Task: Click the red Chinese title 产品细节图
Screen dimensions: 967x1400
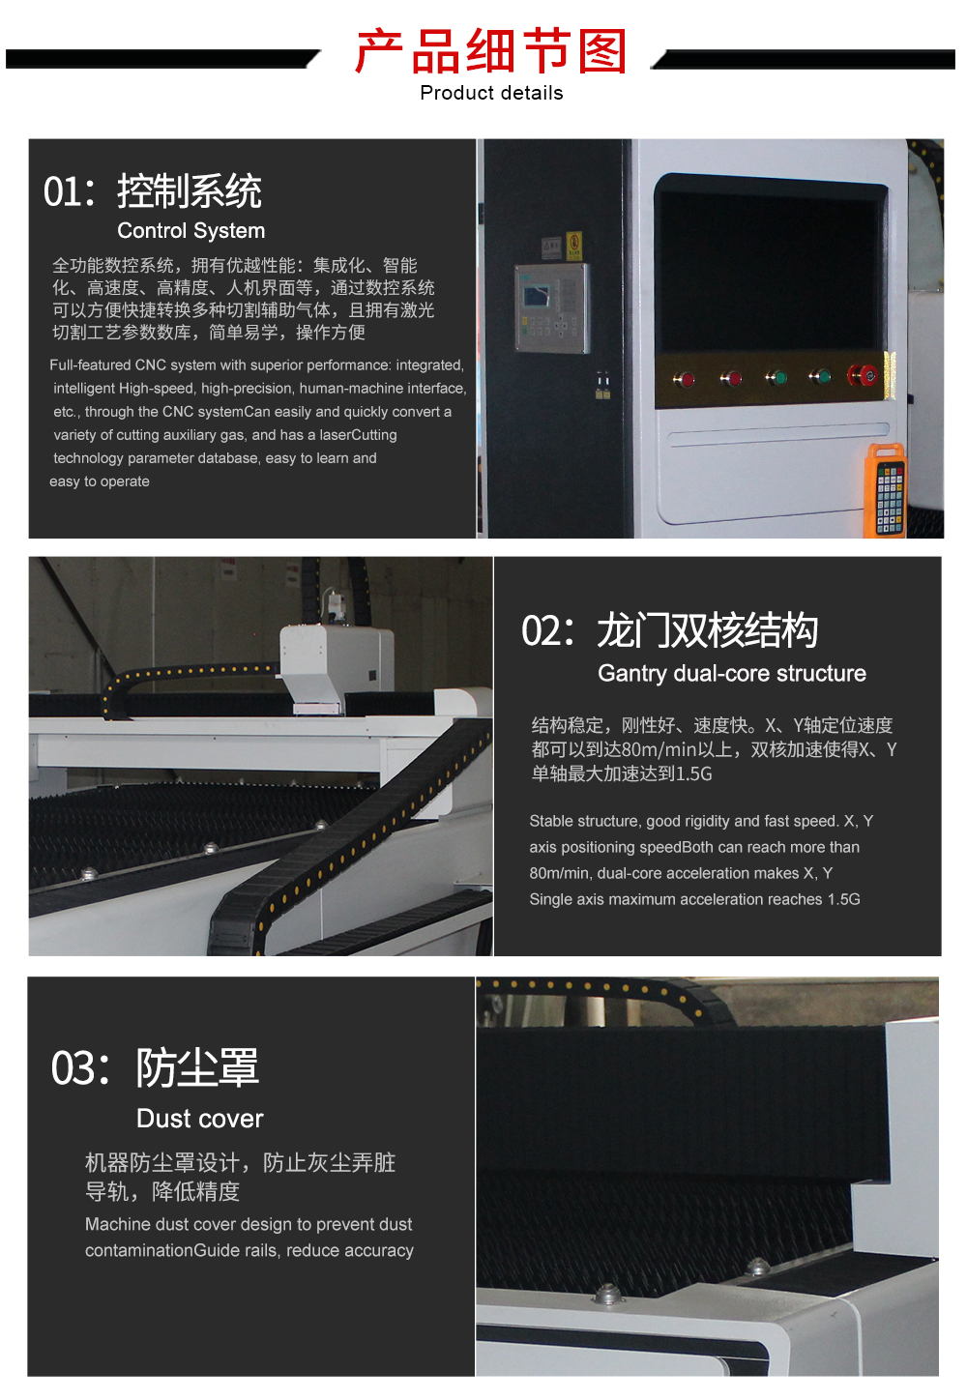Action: click(x=490, y=51)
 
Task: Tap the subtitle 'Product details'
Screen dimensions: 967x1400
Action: click(x=491, y=93)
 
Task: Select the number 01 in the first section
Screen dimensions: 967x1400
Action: click(x=61, y=191)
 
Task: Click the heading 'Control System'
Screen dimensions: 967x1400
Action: click(x=190, y=231)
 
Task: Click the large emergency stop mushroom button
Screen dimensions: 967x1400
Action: click(x=862, y=375)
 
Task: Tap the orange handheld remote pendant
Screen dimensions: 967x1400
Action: click(x=885, y=491)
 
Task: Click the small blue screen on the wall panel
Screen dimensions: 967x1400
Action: click(x=537, y=295)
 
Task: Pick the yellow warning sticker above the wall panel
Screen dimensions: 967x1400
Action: click(x=573, y=246)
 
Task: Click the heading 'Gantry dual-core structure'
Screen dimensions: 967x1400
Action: click(x=732, y=673)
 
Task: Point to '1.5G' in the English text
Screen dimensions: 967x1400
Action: click(x=844, y=899)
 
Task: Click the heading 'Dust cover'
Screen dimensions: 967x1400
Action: click(x=200, y=1119)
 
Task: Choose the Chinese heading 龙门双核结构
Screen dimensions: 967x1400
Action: click(x=708, y=630)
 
